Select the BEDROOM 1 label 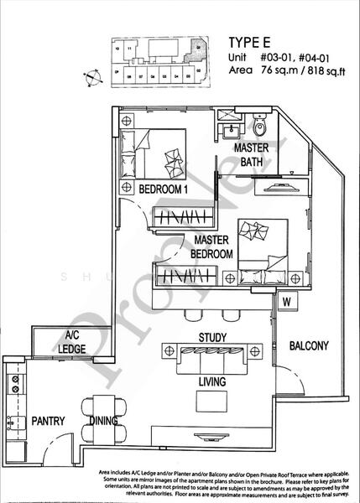(163, 189)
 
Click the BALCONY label (308, 345)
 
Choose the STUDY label (213, 337)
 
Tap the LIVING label (213, 381)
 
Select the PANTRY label (50, 421)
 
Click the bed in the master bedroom (261, 244)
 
